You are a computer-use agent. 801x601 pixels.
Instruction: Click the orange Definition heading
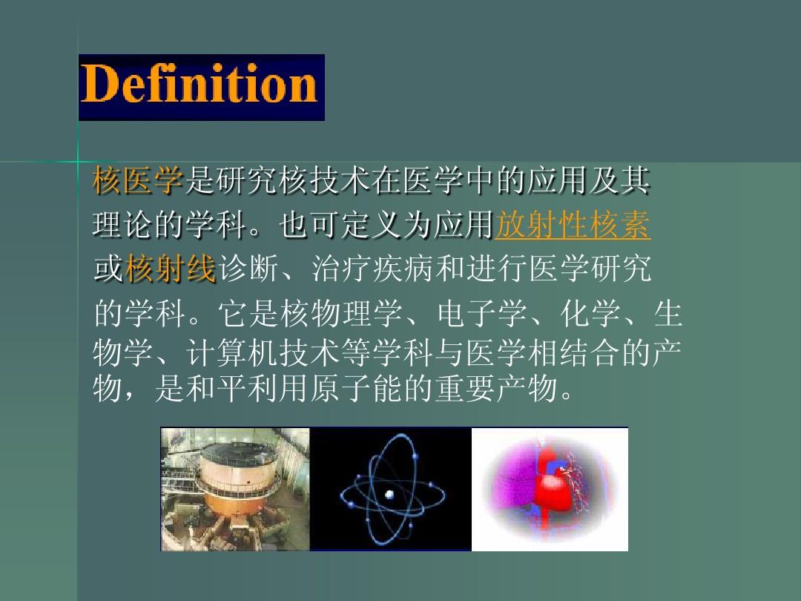tap(199, 84)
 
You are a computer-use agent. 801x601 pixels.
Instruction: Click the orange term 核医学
tap(138, 180)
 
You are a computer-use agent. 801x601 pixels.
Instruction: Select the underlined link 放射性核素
tap(573, 224)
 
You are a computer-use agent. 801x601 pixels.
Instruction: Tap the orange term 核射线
tap(170, 269)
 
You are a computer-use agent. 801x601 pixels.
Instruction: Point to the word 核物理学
tap(341, 313)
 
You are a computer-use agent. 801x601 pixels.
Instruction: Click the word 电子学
tap(482, 313)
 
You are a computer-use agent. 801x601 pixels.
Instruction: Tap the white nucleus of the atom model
tap(389, 494)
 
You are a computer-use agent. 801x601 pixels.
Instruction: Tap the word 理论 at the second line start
tap(123, 224)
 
